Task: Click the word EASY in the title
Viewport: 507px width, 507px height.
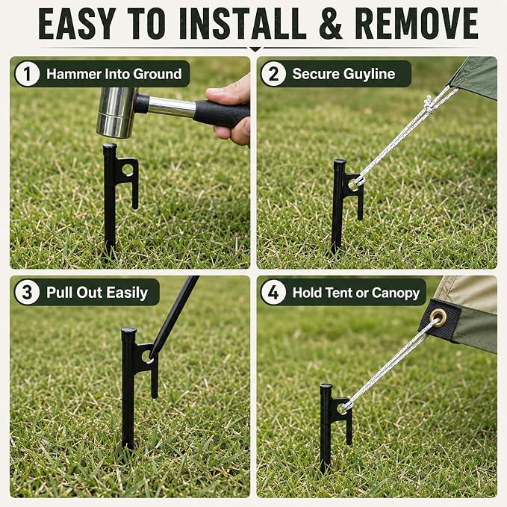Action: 77,24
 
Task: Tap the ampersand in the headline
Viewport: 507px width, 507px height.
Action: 331,24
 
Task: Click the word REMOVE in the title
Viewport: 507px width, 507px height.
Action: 417,24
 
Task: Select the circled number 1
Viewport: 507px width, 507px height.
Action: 27,74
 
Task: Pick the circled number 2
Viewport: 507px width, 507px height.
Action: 273,74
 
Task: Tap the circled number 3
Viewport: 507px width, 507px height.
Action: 27,292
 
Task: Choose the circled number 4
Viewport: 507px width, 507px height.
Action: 273,293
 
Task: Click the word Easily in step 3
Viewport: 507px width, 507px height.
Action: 127,293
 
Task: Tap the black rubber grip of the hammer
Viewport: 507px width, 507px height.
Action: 222,113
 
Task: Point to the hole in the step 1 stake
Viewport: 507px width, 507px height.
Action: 128,169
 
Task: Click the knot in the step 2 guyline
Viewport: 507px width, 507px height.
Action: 429,105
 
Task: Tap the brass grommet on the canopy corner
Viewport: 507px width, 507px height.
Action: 439,318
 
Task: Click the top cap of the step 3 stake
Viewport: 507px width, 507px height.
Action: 128,331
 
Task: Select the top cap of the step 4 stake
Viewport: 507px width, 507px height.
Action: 326,387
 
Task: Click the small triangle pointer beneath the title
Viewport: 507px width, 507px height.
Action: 255,49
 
